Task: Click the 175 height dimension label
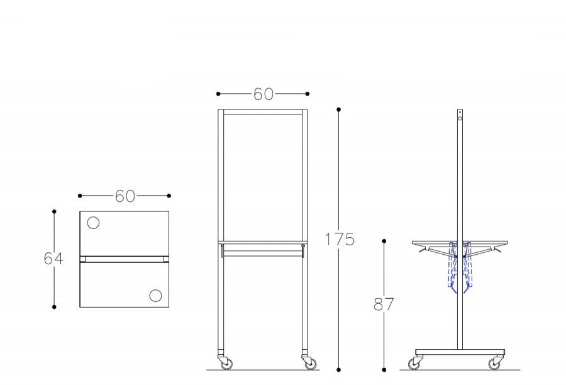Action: click(x=340, y=239)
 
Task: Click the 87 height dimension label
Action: click(x=384, y=304)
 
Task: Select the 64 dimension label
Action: click(x=53, y=258)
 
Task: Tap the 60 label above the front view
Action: click(x=263, y=94)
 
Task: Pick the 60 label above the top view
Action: click(x=125, y=196)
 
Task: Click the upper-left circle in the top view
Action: click(x=93, y=223)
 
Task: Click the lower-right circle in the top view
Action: click(x=155, y=296)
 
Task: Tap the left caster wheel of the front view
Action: click(x=226, y=364)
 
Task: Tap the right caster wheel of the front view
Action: click(x=311, y=364)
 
